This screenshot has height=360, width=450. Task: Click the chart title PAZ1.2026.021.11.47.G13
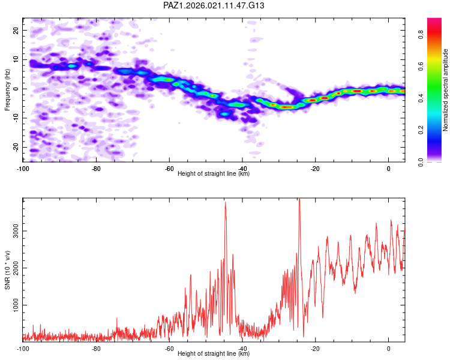(x=214, y=5)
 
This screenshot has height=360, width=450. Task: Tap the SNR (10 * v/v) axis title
(x=8, y=271)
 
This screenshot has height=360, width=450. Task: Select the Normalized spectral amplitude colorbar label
(x=446, y=90)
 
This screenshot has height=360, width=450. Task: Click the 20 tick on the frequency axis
(x=16, y=30)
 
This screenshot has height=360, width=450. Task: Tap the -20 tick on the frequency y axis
(x=15, y=148)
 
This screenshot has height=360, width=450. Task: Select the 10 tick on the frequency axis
(x=16, y=59)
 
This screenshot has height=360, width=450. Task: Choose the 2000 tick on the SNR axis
(x=13, y=268)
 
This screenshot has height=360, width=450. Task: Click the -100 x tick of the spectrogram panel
(x=23, y=168)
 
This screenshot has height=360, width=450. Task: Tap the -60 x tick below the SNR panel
(x=169, y=348)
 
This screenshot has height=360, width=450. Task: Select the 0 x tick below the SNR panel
(x=389, y=348)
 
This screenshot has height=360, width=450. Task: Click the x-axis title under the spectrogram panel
(x=214, y=174)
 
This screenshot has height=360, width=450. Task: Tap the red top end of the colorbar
(x=434, y=21)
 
